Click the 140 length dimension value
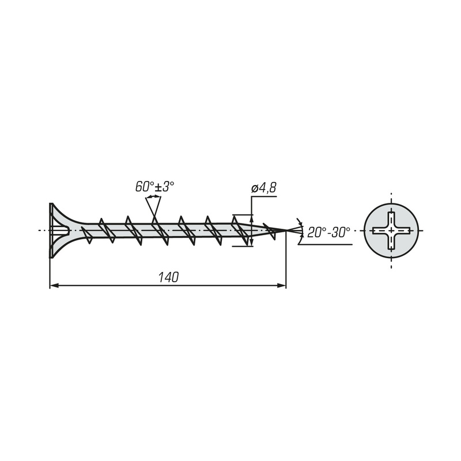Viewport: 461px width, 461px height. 168,277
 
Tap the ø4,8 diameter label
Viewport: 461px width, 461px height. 264,188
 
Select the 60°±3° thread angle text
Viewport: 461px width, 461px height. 154,187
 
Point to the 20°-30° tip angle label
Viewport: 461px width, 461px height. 328,233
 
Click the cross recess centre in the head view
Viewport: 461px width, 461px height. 391,231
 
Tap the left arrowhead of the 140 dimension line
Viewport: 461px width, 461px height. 54,285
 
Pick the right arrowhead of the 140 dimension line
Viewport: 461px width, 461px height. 282,285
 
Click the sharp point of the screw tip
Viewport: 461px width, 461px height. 286,230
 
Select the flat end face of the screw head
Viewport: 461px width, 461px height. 51,231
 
